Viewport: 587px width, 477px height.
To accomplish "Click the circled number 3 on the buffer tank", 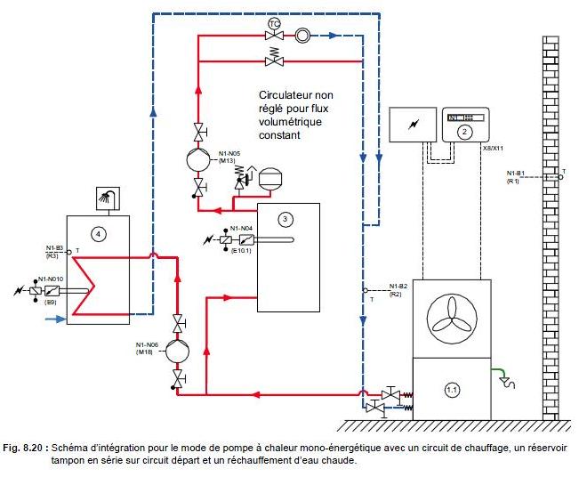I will coord(285,218).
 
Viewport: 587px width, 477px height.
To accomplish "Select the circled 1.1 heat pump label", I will coord(454,390).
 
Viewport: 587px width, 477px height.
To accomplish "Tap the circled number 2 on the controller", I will coord(463,131).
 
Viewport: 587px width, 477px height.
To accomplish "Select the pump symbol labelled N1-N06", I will coord(180,350).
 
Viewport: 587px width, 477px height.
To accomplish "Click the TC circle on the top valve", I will coord(274,22).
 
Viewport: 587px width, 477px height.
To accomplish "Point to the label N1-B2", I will coord(398,286).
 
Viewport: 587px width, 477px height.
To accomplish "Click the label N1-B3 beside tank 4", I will coord(53,248).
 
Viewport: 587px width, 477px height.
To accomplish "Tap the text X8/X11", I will coord(494,149).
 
